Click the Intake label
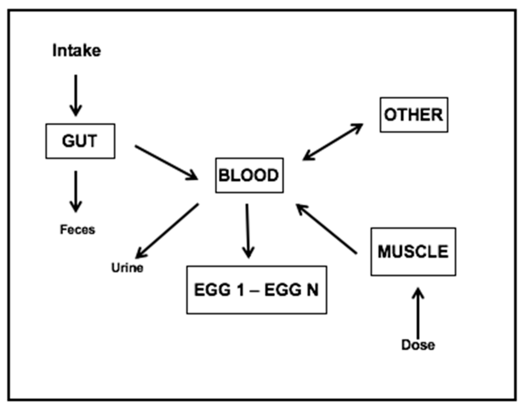coord(76,50)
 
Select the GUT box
coord(80,141)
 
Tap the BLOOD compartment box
coord(249,176)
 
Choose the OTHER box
coord(414,115)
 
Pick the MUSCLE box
coord(413,252)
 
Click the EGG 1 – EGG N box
coord(256,290)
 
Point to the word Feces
coord(77,229)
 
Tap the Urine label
coord(127,268)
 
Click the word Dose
coord(418,345)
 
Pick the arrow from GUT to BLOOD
coord(166,162)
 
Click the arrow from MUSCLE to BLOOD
coord(326,229)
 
